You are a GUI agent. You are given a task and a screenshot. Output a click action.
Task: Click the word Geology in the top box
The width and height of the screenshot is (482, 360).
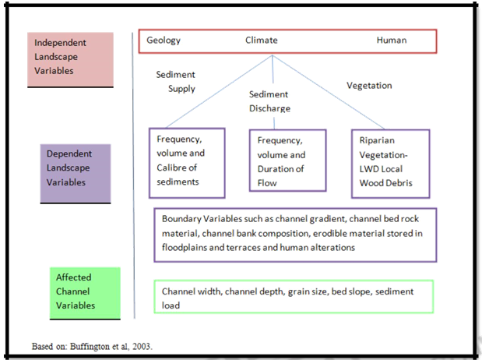(x=164, y=40)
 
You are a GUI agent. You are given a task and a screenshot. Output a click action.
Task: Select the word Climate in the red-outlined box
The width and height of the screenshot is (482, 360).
(x=261, y=40)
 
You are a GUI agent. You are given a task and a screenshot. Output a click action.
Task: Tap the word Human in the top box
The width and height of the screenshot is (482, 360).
(x=391, y=40)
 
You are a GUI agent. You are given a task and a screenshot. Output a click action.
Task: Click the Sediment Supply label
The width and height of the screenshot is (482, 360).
(x=176, y=81)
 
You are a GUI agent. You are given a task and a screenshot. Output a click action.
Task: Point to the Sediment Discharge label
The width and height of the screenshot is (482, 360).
(x=269, y=101)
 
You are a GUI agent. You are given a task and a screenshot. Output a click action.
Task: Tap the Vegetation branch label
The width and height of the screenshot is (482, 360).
(x=369, y=86)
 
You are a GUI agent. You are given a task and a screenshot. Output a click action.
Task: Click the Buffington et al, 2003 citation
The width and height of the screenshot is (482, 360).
(x=91, y=344)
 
